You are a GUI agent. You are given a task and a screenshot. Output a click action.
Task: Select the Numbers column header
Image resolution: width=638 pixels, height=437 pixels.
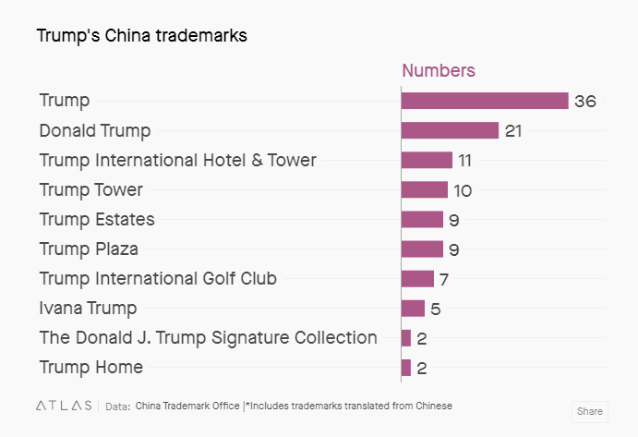click(x=439, y=70)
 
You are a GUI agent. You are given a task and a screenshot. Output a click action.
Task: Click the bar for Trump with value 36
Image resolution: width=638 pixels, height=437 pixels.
click(x=485, y=101)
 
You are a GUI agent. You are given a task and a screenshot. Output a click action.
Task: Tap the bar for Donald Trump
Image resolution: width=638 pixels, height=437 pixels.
click(x=450, y=130)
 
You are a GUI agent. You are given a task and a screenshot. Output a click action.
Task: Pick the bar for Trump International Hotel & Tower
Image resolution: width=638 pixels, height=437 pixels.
click(x=427, y=160)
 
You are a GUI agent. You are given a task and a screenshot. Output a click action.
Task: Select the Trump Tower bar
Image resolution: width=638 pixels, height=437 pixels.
click(x=425, y=189)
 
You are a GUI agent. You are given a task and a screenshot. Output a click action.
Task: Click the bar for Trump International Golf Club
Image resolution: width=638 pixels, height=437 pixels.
click(x=417, y=278)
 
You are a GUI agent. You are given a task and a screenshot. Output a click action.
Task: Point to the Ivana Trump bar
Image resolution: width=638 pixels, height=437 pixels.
click(x=413, y=308)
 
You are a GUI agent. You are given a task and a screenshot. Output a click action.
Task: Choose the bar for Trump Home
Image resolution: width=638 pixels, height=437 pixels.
click(x=406, y=367)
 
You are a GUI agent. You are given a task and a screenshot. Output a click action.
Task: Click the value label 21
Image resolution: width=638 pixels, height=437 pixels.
click(x=513, y=131)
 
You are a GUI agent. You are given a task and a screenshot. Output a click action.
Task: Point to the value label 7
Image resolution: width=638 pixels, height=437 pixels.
click(x=444, y=279)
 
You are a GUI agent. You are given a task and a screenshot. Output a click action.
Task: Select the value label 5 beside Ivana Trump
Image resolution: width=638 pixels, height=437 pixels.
click(x=435, y=309)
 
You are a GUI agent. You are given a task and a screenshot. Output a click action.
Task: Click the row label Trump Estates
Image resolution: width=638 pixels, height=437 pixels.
click(x=97, y=219)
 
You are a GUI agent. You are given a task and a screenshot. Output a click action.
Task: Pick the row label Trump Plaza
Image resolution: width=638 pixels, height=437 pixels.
click(x=89, y=249)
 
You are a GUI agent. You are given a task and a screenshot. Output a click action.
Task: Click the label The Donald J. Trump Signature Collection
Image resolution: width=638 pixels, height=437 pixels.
click(x=208, y=337)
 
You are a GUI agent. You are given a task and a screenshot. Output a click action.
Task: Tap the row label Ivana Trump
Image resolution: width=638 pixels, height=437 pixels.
click(x=88, y=308)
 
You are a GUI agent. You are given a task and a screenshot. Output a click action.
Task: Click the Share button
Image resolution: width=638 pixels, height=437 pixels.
click(x=589, y=411)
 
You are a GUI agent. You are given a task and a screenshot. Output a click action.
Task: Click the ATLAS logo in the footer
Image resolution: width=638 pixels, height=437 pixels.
click(x=63, y=406)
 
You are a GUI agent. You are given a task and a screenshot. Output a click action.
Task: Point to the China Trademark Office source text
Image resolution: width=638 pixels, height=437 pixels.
click(x=187, y=406)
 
